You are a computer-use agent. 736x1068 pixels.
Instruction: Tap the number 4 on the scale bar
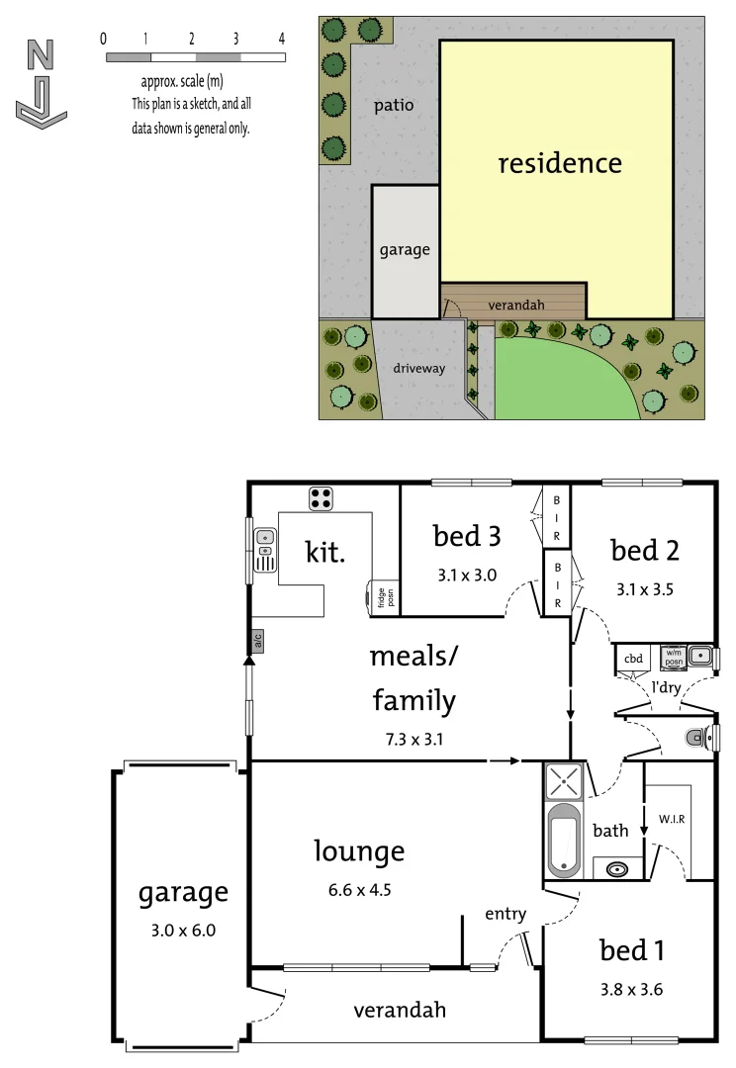pos(282,39)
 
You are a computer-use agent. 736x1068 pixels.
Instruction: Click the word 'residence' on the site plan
pos(560,163)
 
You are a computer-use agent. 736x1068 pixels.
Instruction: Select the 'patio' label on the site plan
pos(394,105)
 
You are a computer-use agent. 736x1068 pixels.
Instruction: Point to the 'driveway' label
pos(419,368)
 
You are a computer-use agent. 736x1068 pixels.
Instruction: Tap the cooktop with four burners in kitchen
pos(321,498)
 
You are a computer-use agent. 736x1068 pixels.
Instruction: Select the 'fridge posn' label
pos(382,597)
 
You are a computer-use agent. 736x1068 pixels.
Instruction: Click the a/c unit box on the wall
pos(257,640)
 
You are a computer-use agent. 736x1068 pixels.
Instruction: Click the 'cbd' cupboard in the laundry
pos(633,659)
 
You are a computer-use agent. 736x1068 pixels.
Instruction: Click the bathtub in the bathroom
pos(565,840)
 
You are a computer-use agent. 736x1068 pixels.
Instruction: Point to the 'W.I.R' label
pos(672,819)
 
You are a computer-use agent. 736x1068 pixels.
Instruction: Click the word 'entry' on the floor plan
pos(505,914)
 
